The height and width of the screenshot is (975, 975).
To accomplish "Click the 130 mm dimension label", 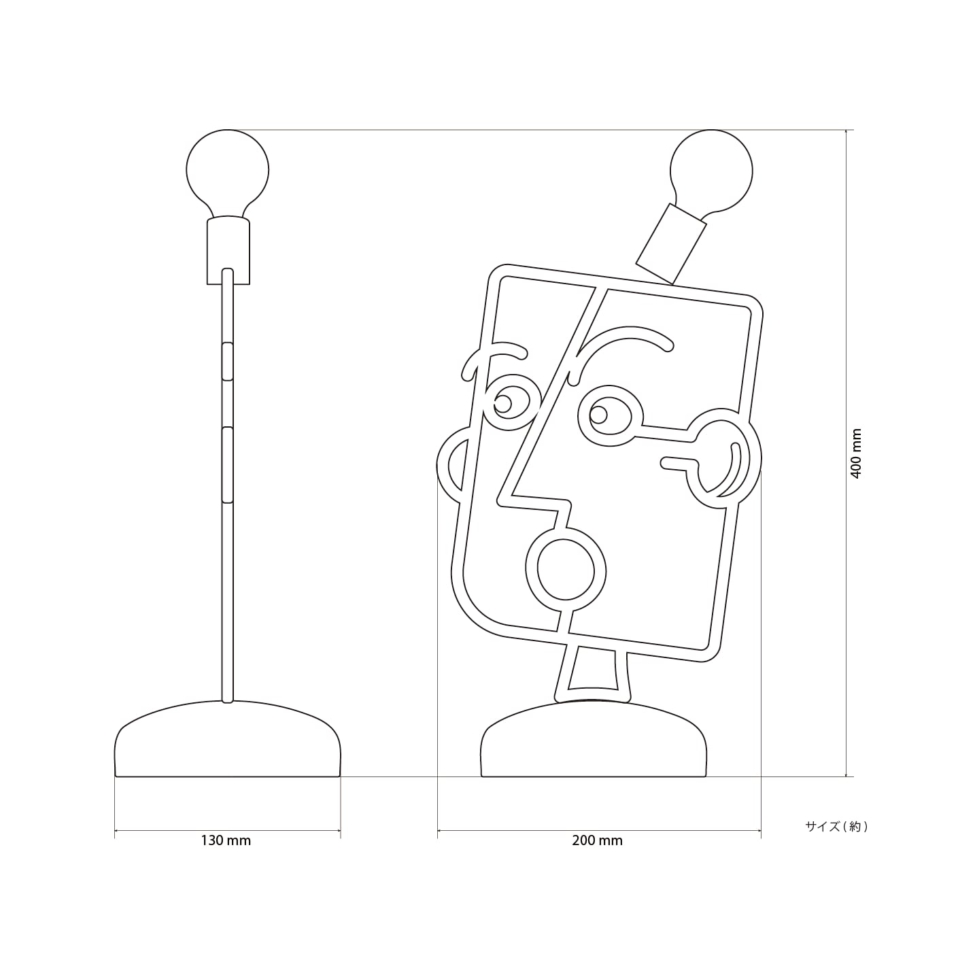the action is click(226, 840).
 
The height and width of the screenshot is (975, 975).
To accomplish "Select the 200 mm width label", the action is click(597, 840).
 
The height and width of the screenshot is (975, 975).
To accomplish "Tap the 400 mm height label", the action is click(855, 454).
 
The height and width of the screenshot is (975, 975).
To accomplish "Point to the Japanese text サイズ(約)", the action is click(836, 826).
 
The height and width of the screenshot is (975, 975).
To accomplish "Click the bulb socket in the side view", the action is click(228, 250).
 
